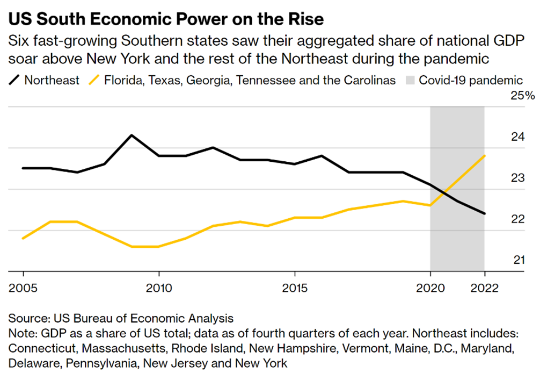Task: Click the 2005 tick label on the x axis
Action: [x=23, y=288]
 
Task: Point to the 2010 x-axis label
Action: [x=159, y=288]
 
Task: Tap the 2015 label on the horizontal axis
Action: [x=295, y=288]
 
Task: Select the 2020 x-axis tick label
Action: [x=430, y=288]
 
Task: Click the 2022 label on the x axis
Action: [x=485, y=288]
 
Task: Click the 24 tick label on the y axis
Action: [x=516, y=137]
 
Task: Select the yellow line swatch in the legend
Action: [x=94, y=81]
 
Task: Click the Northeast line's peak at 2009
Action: [x=132, y=135]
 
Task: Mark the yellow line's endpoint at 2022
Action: [x=485, y=156]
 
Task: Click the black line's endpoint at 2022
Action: [x=485, y=213]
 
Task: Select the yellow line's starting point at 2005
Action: [x=23, y=238]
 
